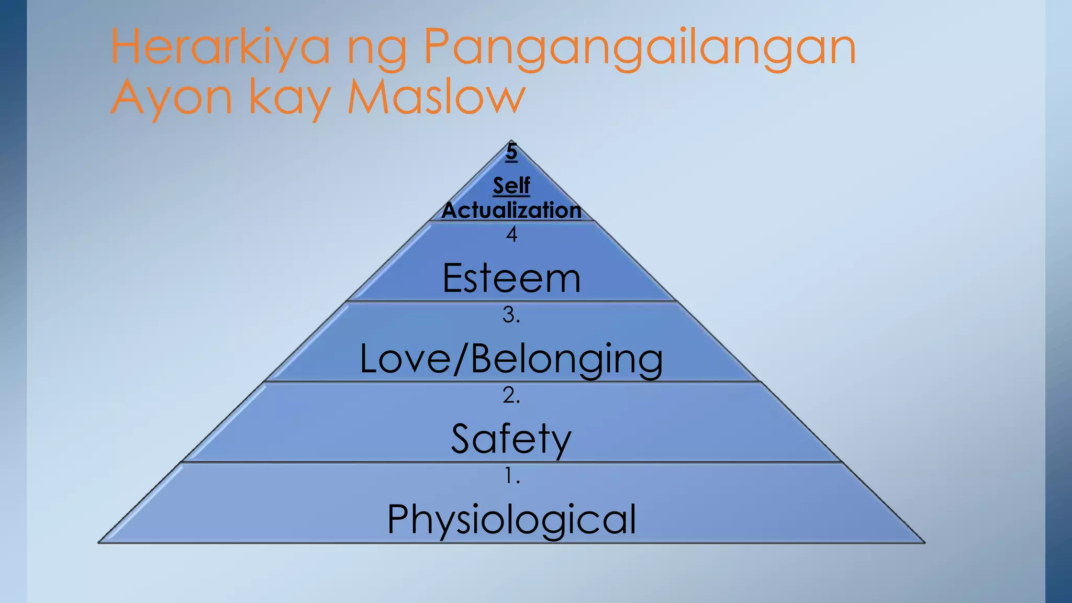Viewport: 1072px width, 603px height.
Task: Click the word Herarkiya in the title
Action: click(220, 47)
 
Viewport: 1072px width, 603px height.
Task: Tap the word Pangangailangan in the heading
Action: click(639, 48)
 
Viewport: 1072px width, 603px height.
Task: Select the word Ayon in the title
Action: click(171, 97)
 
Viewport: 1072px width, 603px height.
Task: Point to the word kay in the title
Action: click(289, 98)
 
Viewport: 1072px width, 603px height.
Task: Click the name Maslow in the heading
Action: click(436, 97)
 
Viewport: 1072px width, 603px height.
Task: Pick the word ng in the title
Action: click(376, 51)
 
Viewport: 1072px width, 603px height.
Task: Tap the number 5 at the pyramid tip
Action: click(511, 152)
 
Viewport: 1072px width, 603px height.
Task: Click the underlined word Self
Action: click(511, 185)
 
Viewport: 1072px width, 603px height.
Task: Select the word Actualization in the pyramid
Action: click(511, 210)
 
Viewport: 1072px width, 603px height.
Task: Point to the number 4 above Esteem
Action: click(511, 234)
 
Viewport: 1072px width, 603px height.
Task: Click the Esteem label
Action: click(511, 278)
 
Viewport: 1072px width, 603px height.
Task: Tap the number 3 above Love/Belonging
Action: click(511, 315)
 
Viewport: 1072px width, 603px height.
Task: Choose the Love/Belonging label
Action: click(511, 359)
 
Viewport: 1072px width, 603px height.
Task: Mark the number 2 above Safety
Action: click(511, 395)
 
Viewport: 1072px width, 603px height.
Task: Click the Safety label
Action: click(511, 439)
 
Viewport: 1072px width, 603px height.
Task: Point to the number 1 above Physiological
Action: click(511, 476)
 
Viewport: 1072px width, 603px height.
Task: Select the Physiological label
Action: click(511, 519)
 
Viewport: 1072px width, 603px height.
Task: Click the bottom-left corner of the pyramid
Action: click(99, 542)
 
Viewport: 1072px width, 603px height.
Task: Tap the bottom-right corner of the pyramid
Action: click(924, 542)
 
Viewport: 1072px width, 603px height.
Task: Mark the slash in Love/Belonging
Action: click(460, 359)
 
